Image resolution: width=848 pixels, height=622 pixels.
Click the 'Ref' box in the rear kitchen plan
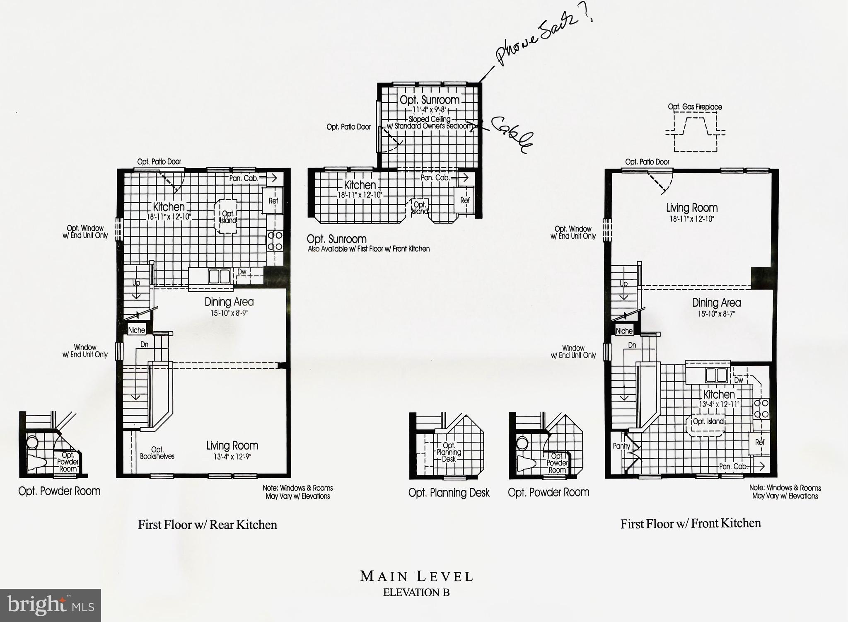click(273, 201)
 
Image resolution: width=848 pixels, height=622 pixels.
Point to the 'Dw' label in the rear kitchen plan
click(242, 272)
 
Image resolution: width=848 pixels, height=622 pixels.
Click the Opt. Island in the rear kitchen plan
click(227, 217)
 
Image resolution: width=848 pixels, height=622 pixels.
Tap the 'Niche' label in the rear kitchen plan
click(136, 330)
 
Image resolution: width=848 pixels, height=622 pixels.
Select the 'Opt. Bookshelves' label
click(157, 453)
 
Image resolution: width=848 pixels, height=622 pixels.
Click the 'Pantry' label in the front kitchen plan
click(621, 446)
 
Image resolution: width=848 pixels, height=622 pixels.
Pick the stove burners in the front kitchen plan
click(761, 408)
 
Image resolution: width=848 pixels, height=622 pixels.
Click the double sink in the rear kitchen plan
click(220, 276)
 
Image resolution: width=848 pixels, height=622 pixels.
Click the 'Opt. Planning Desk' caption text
click(449, 492)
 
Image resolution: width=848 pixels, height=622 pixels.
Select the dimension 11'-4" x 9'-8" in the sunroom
click(430, 110)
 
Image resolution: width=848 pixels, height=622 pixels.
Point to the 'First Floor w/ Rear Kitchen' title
click(207, 525)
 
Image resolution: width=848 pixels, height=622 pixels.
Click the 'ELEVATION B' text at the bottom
click(416, 592)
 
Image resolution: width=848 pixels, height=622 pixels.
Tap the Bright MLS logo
click(50, 605)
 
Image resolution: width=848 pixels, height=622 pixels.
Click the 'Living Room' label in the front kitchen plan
click(691, 208)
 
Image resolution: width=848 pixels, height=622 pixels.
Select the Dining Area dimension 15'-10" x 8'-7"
click(716, 314)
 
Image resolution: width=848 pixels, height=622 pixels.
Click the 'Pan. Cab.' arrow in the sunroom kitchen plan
click(463, 177)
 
